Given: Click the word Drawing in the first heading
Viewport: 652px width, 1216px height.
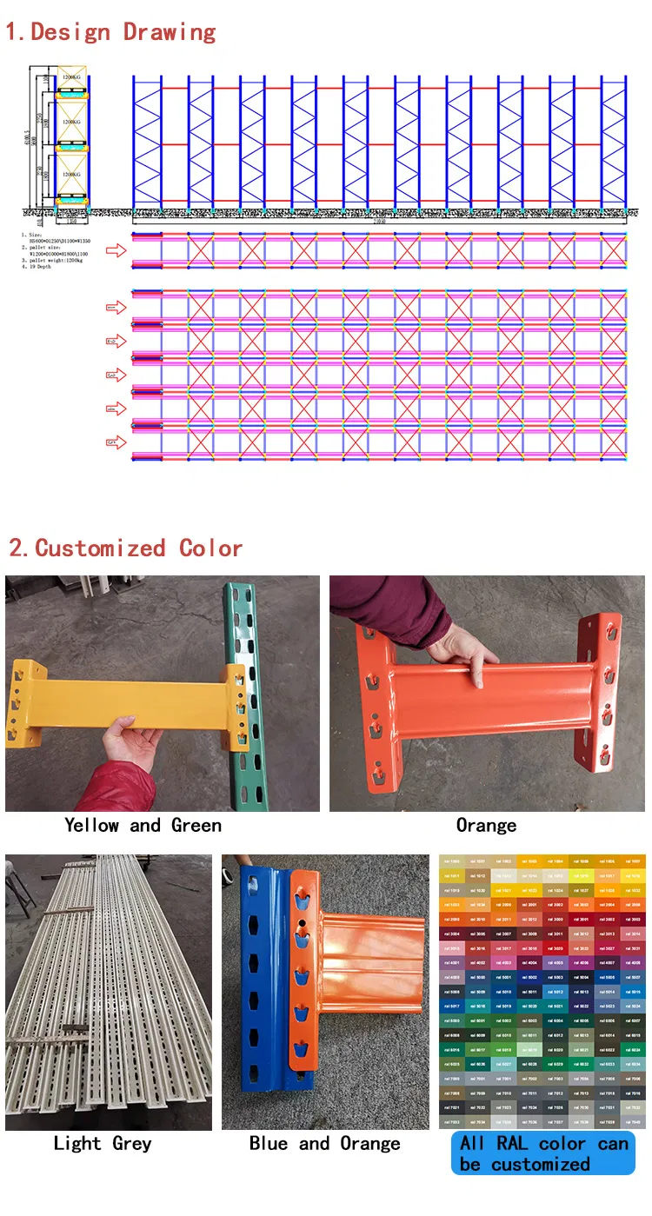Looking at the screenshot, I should (170, 33).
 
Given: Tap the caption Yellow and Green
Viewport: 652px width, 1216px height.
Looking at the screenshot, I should (143, 825).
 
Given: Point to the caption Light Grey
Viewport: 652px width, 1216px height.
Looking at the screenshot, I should (103, 1143).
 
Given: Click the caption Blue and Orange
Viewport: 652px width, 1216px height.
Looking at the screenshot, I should (324, 1143).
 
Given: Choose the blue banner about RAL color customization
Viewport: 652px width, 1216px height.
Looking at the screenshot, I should (543, 1153).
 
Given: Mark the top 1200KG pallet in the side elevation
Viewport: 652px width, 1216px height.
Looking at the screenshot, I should (72, 77).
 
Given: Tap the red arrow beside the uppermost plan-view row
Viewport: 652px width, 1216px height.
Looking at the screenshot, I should (116, 251).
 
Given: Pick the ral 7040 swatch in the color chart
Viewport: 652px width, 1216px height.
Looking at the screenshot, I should (632, 1122).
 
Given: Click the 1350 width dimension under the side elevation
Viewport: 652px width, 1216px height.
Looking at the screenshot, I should (73, 221).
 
